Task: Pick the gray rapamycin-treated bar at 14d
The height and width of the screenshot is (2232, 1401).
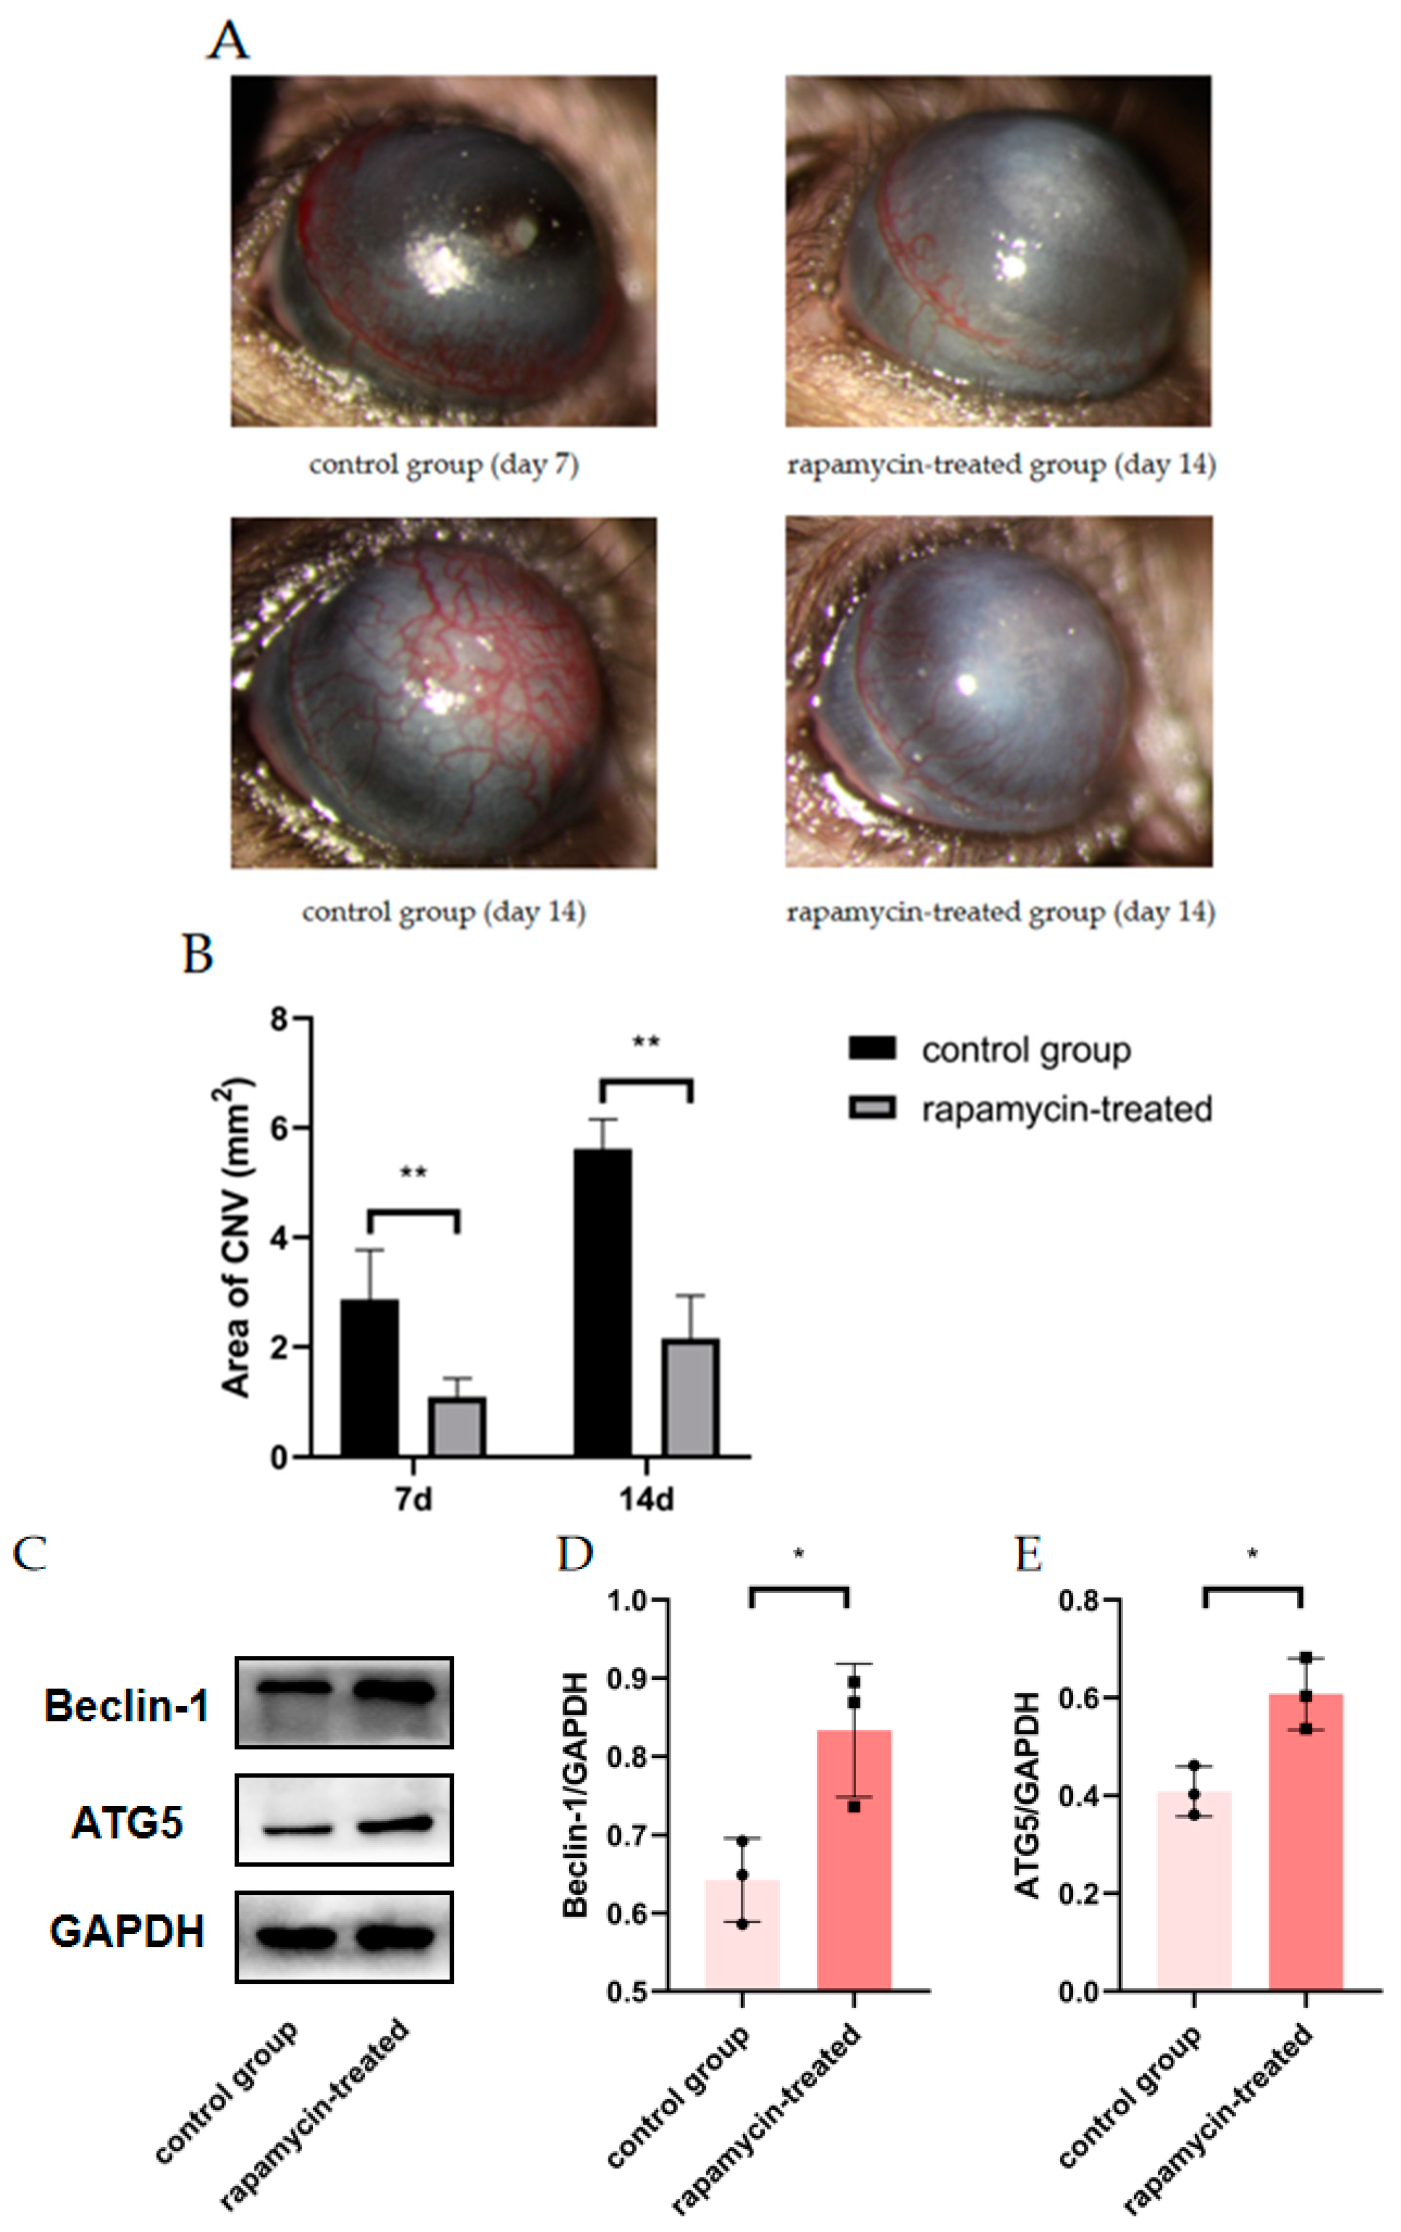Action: click(x=689, y=1398)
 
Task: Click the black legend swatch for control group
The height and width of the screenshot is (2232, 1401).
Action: click(x=872, y=1048)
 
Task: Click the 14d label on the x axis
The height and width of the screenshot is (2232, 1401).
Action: click(x=646, y=1499)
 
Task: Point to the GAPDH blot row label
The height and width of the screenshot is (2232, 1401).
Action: click(x=127, y=1932)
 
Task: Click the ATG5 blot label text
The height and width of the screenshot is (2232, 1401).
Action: click(x=127, y=1822)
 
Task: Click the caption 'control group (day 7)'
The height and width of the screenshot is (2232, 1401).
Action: click(x=444, y=464)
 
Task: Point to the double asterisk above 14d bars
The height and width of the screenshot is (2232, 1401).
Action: click(x=646, y=1042)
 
